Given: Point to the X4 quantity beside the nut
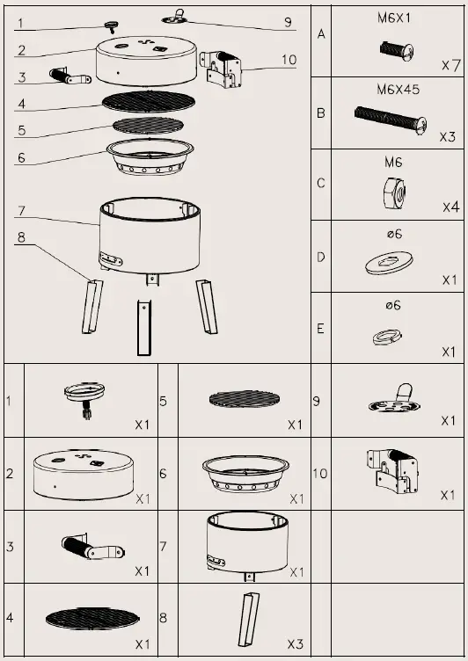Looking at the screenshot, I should tap(450, 207).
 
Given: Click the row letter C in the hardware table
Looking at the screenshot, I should tap(321, 185).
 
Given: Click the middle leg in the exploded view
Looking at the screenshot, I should tap(143, 325).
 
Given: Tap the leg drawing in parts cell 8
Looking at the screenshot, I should tap(248, 620).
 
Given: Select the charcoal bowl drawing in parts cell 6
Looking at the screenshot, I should tap(245, 474).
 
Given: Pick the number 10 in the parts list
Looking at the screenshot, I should tap(320, 474).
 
